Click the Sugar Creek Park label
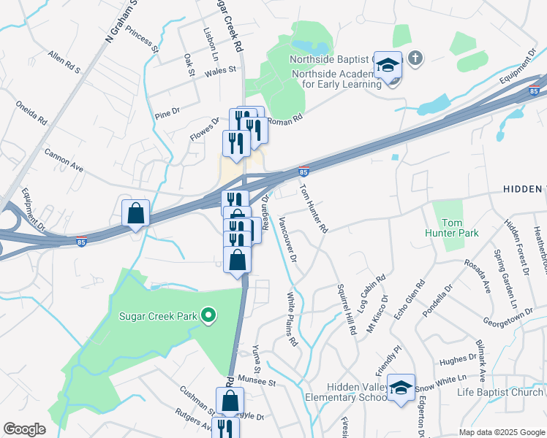[x=159, y=317]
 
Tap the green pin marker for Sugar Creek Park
[x=209, y=316]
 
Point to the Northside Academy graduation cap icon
[x=388, y=66]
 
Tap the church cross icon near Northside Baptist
[x=415, y=58]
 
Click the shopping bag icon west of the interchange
[x=136, y=213]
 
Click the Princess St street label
[x=141, y=39]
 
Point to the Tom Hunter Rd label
[x=313, y=208]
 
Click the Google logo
[x=25, y=429]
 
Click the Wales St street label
[x=222, y=70]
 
